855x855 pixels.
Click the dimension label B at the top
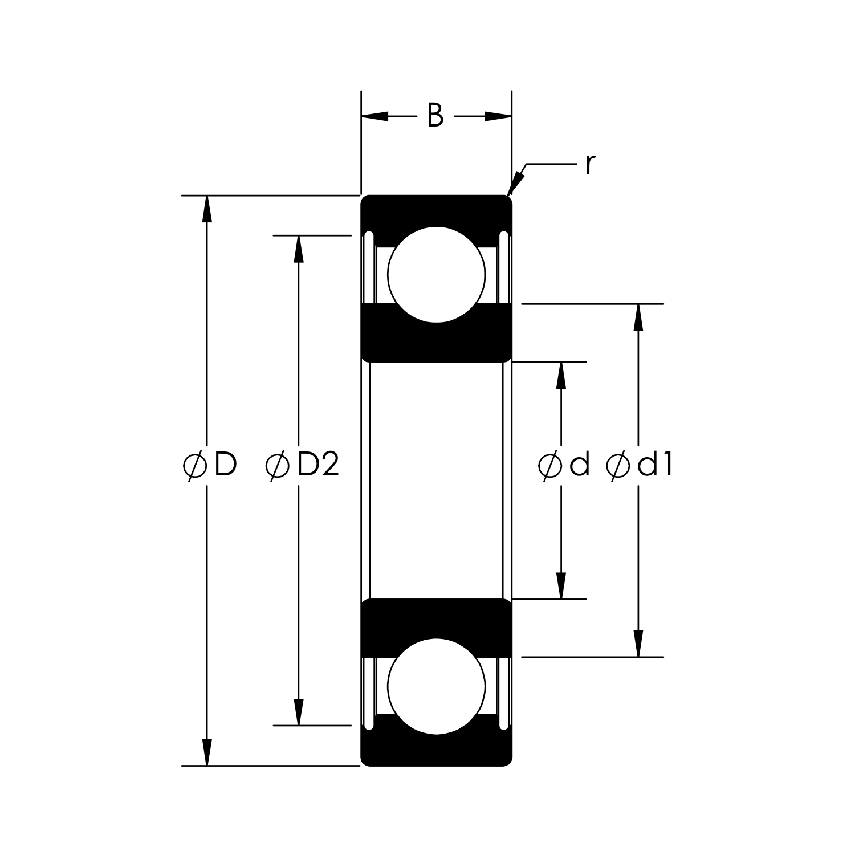435,116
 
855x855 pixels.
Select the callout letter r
590,165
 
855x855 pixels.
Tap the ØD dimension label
210,466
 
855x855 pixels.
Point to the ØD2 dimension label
303,466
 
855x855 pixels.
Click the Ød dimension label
564,466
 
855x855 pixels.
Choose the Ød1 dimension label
640,466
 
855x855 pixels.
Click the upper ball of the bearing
436,274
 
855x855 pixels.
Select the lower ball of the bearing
436,686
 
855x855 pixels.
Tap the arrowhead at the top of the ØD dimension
207,209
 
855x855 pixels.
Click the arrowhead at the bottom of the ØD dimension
207,752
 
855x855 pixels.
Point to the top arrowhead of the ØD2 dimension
298,249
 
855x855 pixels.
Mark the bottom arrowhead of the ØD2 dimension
298,712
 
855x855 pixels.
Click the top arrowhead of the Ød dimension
561,375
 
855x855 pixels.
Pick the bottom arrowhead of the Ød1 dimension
638,644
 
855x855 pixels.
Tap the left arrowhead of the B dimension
374,116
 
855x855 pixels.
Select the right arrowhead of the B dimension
498,116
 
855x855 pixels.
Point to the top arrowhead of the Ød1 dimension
638,317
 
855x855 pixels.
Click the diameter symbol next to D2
278,466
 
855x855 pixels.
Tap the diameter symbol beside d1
617,466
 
